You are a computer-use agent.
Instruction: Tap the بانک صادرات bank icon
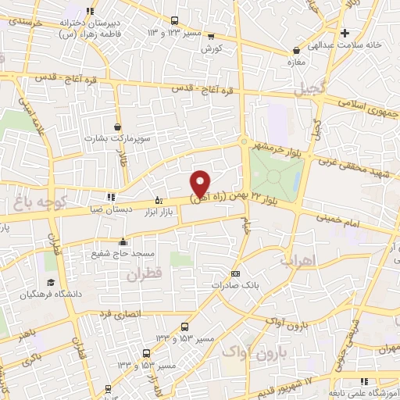(235, 273)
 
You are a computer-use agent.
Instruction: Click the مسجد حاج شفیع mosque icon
(122, 241)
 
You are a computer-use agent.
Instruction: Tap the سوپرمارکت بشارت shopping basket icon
(117, 126)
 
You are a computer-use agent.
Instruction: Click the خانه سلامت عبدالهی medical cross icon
(345, 33)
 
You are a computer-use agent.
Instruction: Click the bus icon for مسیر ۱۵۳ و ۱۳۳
(184, 327)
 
